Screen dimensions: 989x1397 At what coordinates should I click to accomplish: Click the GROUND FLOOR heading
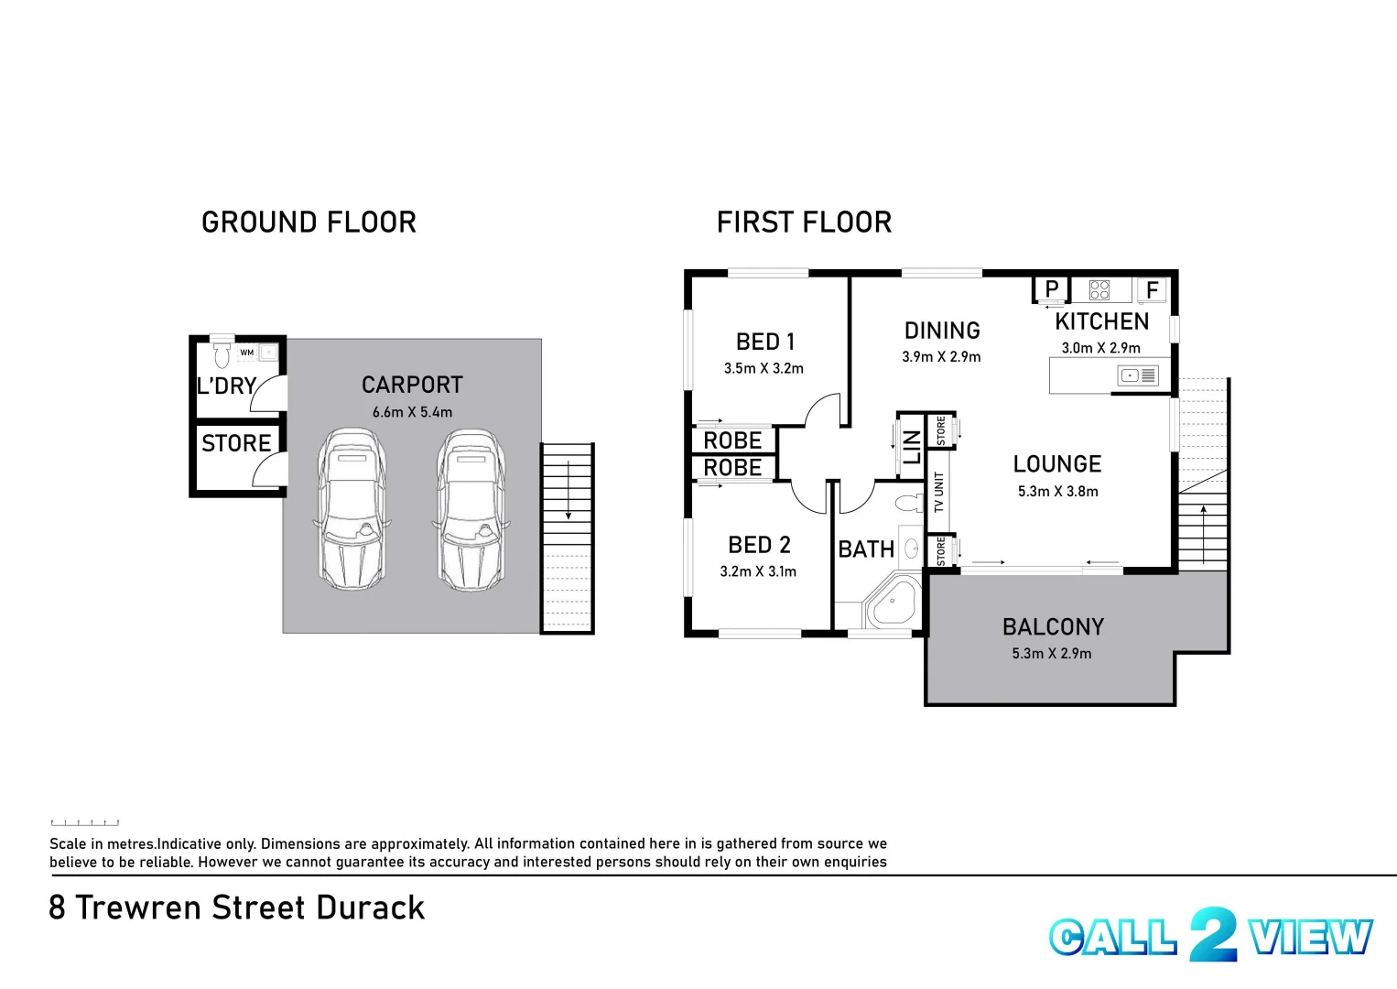309,223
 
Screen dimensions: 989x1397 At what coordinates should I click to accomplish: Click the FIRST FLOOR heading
803,223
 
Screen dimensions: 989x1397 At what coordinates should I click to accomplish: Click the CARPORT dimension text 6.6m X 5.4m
412,412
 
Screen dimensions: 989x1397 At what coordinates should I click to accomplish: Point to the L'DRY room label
226,386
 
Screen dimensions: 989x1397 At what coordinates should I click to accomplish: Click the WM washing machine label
246,353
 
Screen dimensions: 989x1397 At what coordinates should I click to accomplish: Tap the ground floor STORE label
236,443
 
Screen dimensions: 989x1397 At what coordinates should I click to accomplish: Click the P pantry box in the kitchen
1052,289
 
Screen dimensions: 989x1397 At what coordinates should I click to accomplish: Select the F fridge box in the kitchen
1152,290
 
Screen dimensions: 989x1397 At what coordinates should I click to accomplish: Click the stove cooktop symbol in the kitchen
1099,290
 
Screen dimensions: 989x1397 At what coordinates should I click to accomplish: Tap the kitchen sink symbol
1137,375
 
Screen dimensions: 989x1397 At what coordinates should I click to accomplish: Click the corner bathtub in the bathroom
894,602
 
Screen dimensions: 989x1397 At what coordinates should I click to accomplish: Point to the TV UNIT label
938,492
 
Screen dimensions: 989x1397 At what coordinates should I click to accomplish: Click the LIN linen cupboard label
912,447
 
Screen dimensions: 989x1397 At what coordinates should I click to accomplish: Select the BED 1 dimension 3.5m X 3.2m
763,368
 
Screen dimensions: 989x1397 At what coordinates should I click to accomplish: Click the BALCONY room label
1053,627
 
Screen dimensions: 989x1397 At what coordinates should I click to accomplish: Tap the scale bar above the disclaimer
85,822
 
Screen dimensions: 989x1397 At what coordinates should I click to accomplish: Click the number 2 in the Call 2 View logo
1213,935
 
